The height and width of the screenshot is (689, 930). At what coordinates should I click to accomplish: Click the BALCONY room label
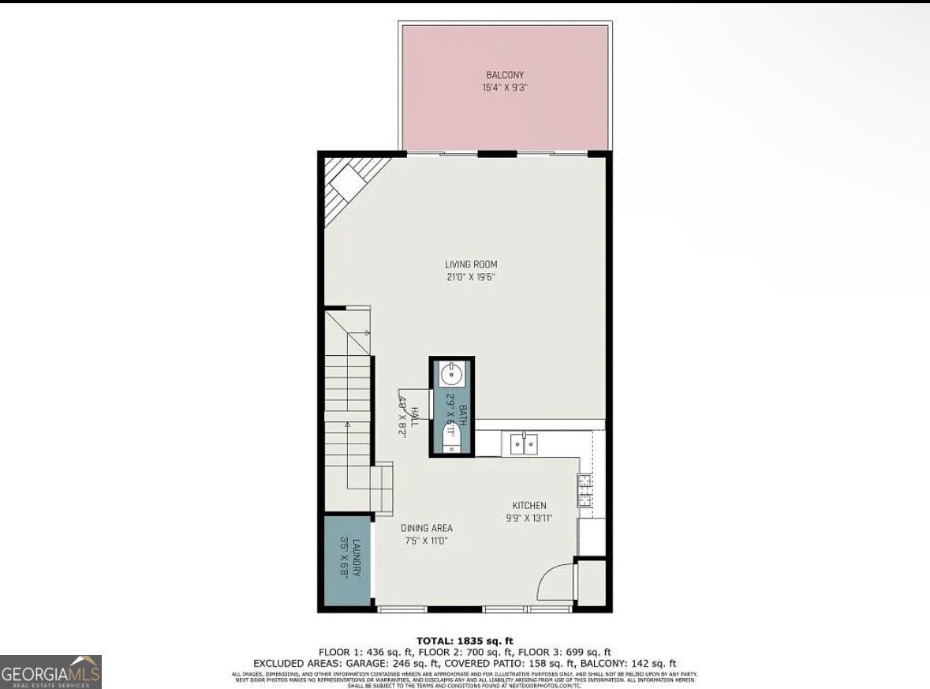pos(505,75)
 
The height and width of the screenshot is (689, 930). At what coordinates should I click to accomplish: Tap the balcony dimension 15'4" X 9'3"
pos(505,88)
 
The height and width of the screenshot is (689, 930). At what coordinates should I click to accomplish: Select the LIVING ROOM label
pos(471,264)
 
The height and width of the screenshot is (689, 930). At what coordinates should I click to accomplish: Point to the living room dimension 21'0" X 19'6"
pos(471,277)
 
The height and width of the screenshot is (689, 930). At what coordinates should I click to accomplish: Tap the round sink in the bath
pos(450,373)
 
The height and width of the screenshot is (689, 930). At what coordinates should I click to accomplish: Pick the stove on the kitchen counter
pos(585,489)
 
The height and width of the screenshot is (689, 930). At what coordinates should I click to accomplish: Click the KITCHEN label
pos(529,506)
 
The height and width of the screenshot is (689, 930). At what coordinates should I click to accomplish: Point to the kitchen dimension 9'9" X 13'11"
pos(529,519)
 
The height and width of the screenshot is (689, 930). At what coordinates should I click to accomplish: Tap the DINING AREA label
pos(427,528)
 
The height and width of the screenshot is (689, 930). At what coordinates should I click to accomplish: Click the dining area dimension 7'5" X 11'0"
pos(427,541)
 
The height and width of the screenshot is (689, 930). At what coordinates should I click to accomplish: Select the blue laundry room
pos(347,560)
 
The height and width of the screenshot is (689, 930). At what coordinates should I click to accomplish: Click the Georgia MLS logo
pos(51,672)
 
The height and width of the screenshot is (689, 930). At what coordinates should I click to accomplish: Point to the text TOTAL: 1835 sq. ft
pos(465,640)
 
